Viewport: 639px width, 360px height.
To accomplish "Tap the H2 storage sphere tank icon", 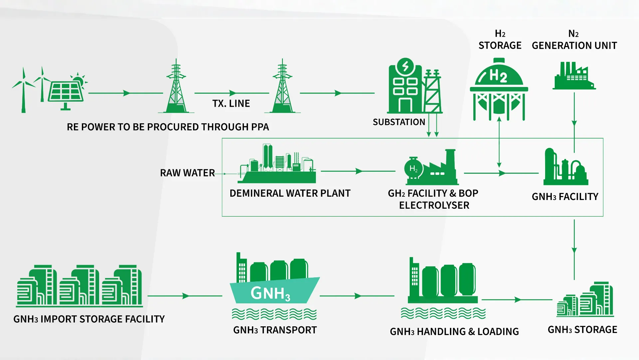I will [499, 89].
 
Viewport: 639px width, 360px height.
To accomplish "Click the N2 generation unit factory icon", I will [574, 76].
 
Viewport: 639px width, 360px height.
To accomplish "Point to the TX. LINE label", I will [231, 104].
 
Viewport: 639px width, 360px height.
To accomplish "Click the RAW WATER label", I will [187, 173].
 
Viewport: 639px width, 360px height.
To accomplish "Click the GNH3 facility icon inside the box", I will [565, 167].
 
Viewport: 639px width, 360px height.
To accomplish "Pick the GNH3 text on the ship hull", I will [270, 294].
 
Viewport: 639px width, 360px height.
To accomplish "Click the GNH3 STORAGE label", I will [582, 330].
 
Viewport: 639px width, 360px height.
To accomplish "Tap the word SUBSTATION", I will [399, 122].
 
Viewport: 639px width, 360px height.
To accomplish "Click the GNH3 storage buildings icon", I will [585, 300].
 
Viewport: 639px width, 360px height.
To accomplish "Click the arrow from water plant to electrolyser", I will [358, 171].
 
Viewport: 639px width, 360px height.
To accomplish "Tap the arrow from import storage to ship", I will [185, 296].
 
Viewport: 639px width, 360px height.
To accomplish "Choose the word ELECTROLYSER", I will [434, 205].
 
